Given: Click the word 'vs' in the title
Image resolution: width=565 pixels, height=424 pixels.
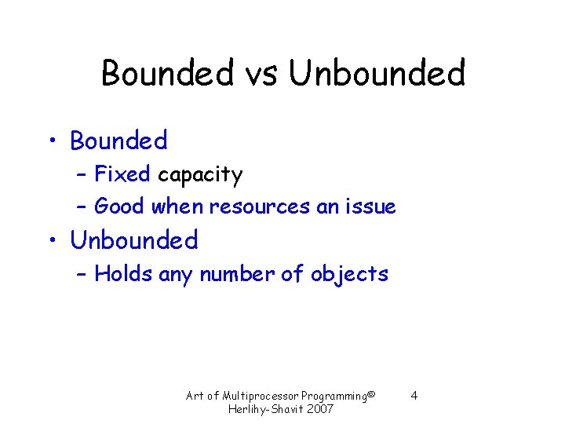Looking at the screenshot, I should pyautogui.click(x=261, y=74).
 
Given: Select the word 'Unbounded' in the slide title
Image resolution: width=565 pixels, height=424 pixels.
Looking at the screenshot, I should pyautogui.click(x=377, y=74).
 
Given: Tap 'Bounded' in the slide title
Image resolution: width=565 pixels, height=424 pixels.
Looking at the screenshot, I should pyautogui.click(x=168, y=74).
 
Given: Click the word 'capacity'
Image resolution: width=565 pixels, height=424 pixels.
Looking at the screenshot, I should pyautogui.click(x=200, y=175).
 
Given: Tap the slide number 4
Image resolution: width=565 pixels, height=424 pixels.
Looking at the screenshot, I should pyautogui.click(x=414, y=395).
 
